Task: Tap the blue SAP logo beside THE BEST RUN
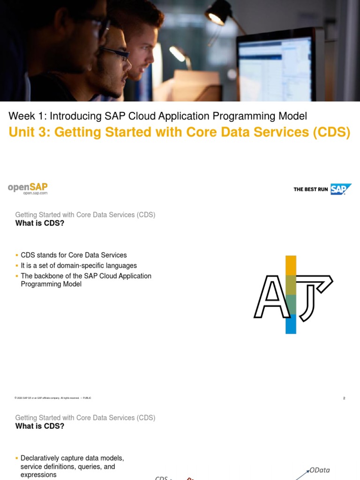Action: point(341,189)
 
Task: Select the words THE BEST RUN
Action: point(310,189)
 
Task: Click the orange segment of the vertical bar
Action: point(291,265)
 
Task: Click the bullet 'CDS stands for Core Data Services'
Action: point(74,255)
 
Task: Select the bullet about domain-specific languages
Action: point(79,266)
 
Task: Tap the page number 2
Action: point(344,398)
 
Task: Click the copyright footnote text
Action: point(53,398)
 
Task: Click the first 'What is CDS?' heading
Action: point(40,223)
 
